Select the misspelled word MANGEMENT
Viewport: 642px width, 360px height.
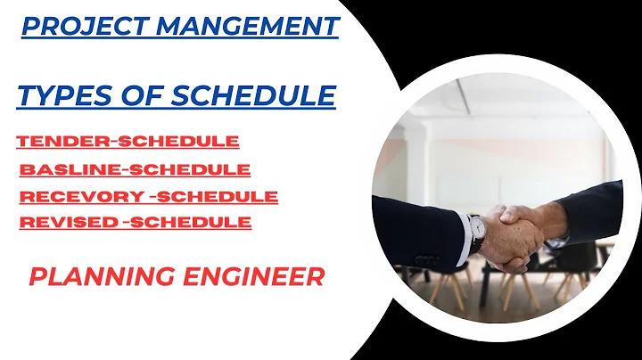coord(248,26)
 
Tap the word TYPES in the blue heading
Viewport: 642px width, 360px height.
coord(65,95)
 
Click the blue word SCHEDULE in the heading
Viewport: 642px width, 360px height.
coord(253,95)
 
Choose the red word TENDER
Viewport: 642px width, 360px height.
coord(63,142)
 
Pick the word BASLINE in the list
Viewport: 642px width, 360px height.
coord(70,169)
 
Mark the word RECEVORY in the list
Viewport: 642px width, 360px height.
coord(82,197)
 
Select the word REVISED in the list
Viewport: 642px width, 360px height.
coord(69,223)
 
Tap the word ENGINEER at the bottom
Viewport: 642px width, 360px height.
coord(254,276)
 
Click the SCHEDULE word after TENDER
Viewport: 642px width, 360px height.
coord(178,142)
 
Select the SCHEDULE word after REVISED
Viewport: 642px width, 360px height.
coord(191,223)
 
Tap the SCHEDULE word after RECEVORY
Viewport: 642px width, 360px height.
coord(218,197)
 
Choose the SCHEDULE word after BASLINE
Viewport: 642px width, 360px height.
coord(190,169)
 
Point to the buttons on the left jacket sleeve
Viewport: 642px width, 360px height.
coord(427,260)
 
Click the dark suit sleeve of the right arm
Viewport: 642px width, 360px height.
coord(592,213)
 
